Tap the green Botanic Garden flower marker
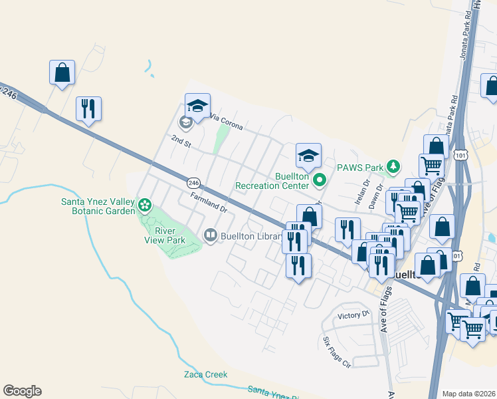[x=144, y=203]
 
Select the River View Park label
[x=169, y=235]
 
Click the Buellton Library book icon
[x=210, y=235]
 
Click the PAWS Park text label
[x=360, y=168]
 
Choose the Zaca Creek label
[x=205, y=374]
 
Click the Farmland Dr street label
[x=208, y=203]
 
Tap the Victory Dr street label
[x=352, y=315]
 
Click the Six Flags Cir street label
[x=336, y=352]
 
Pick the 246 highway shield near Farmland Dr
[x=193, y=182]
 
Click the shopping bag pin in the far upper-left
[x=62, y=72]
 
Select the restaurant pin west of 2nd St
[x=89, y=108]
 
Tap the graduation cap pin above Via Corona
[x=197, y=105]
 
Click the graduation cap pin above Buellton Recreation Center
[x=308, y=155]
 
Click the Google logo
[x=22, y=391]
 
